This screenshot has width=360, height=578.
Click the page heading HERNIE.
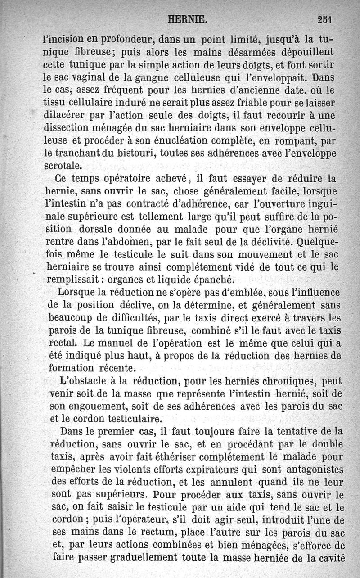[x=187, y=19]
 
